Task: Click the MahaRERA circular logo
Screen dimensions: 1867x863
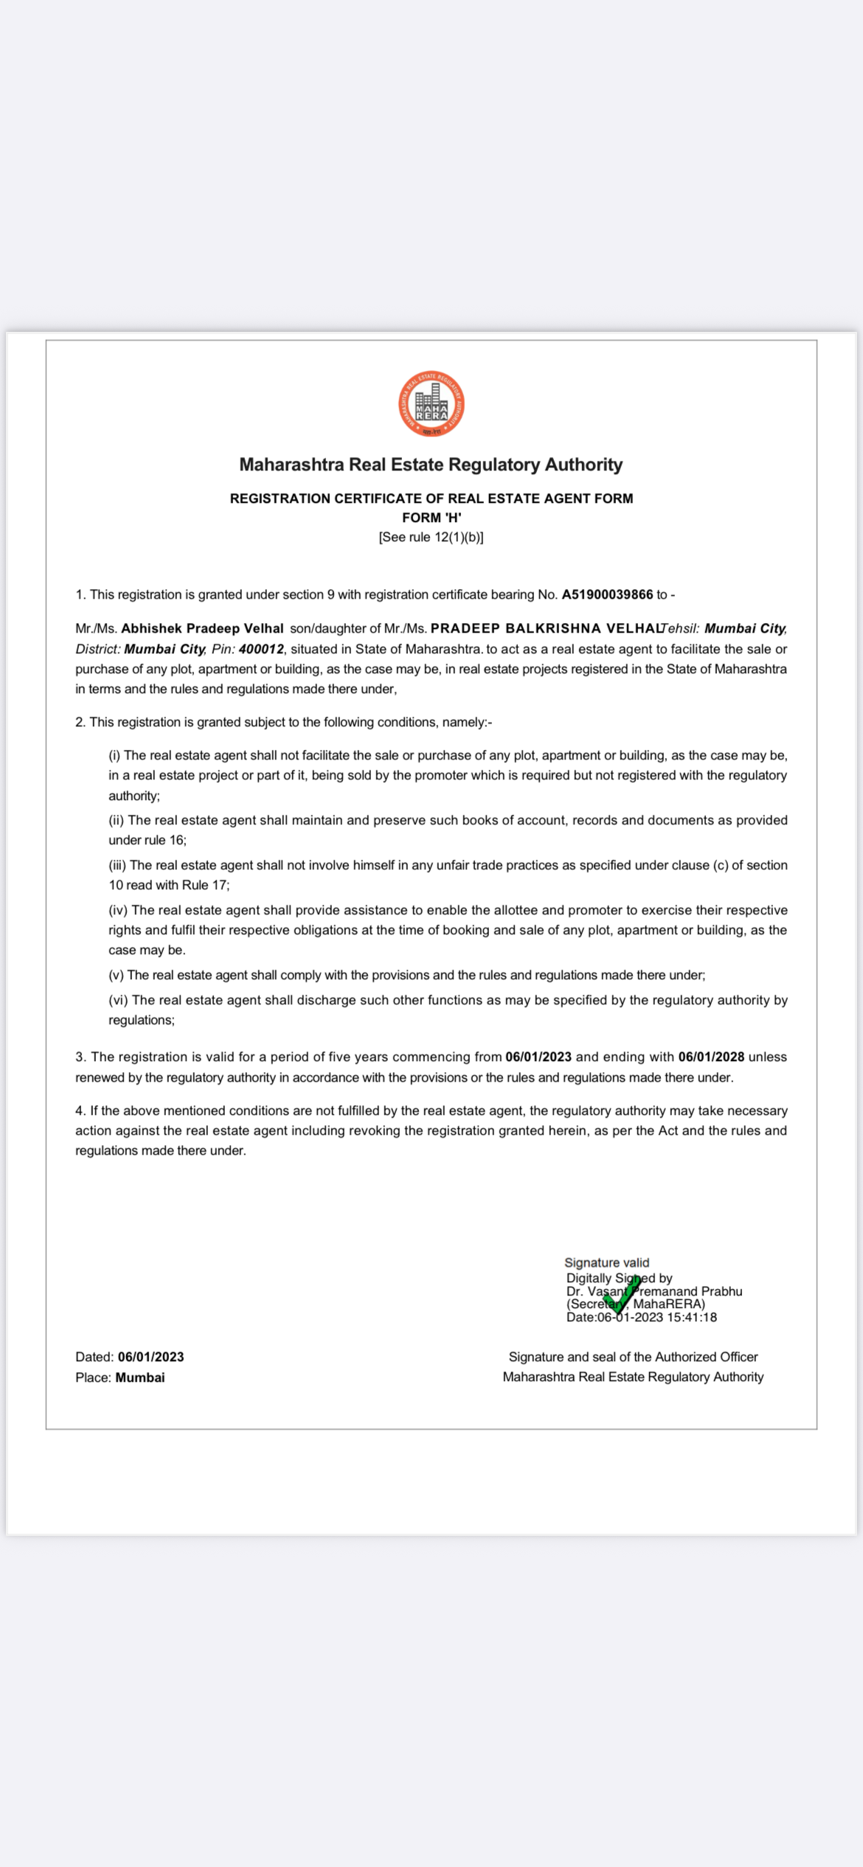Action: (x=431, y=404)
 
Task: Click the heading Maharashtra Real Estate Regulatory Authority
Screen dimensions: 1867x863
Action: (x=431, y=465)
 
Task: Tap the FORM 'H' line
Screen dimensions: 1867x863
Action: (x=431, y=518)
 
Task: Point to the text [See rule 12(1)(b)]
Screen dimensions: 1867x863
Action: (x=431, y=538)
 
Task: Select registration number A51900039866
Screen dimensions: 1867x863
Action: (x=607, y=595)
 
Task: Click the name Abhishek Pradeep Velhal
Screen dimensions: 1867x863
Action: (x=202, y=629)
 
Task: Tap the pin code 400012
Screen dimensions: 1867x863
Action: (x=261, y=650)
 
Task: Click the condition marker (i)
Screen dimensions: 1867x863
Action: (x=114, y=756)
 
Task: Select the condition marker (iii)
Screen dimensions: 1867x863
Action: (x=117, y=866)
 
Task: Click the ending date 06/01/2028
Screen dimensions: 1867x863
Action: (x=711, y=1057)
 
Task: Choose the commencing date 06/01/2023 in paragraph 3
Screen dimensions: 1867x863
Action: (x=538, y=1057)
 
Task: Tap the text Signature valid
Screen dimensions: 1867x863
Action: (x=606, y=1263)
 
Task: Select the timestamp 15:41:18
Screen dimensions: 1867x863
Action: (x=692, y=1318)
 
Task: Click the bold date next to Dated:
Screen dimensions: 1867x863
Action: (x=150, y=1357)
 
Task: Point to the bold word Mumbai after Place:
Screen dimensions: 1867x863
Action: (x=140, y=1378)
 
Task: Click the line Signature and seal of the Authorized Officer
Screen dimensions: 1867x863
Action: (x=633, y=1357)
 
